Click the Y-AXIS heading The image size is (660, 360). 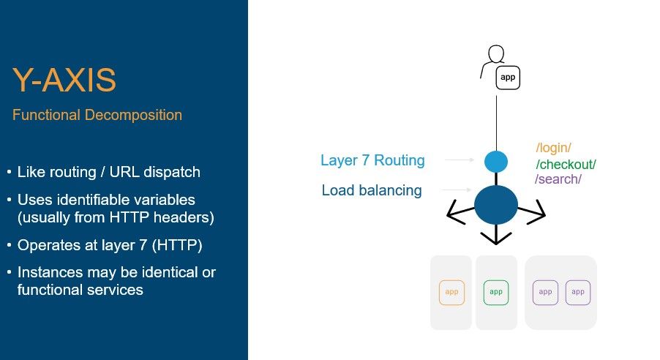click(64, 80)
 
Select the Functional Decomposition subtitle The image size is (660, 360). click(97, 116)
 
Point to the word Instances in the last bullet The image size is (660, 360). click(48, 272)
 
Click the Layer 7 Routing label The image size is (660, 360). click(372, 160)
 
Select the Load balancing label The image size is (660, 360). click(372, 190)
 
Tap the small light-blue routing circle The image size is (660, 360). click(495, 161)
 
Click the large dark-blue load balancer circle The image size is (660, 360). click(495, 205)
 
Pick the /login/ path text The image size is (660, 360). click(553, 148)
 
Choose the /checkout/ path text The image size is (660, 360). click(566, 164)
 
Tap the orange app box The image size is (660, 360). click(452, 292)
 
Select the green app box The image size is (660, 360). click(496, 292)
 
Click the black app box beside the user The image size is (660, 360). click(508, 77)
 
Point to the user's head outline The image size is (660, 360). click(496, 56)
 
